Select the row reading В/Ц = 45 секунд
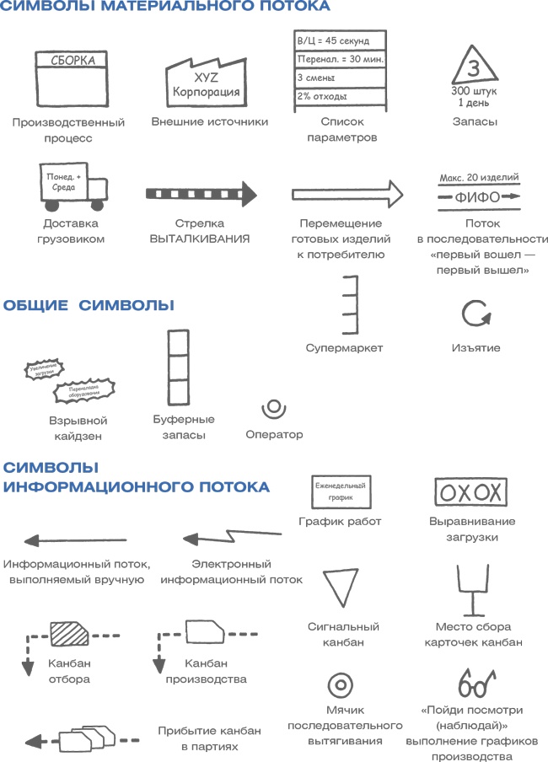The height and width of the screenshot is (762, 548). pos(340,40)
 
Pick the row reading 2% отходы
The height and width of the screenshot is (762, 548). pos(340,96)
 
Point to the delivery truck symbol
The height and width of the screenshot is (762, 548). pos(73,188)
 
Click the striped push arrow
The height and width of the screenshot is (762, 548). pos(201,193)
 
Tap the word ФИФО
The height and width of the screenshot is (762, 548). pos(477,198)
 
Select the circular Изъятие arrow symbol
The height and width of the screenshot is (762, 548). pos(475,314)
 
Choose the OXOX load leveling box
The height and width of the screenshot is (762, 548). pos(470,492)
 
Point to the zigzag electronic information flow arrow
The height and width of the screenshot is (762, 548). pos(233,535)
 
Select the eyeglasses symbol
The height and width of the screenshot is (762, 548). pos(477,679)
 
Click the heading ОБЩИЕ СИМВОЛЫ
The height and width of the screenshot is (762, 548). pos(89,305)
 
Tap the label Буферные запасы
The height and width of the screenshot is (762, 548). pos(184,427)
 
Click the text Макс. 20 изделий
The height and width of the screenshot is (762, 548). pos(479,178)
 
